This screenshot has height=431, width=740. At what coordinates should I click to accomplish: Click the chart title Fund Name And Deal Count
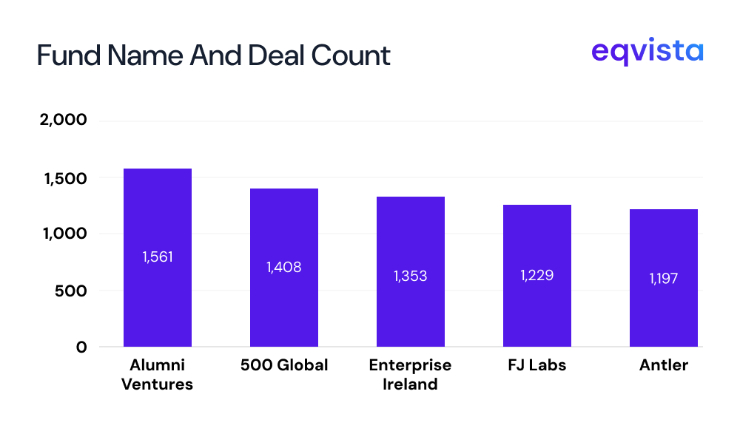[213, 55]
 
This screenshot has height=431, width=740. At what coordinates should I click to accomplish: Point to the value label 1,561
[158, 257]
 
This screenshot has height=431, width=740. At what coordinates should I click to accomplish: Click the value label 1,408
[284, 267]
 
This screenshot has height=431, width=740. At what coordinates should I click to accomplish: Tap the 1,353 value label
[411, 276]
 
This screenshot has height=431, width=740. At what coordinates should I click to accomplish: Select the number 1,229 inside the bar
[537, 275]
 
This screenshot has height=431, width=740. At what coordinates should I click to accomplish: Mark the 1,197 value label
[664, 279]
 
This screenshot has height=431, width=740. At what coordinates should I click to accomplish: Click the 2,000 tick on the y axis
[63, 121]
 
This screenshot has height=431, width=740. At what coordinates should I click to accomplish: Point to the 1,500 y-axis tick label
[64, 178]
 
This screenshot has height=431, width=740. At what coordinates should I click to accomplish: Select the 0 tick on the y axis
[81, 347]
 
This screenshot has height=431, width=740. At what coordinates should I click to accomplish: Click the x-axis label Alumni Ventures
[157, 375]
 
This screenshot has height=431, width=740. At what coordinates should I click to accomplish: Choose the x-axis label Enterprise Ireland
[410, 375]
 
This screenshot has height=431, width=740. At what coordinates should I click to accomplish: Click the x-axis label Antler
[664, 366]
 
